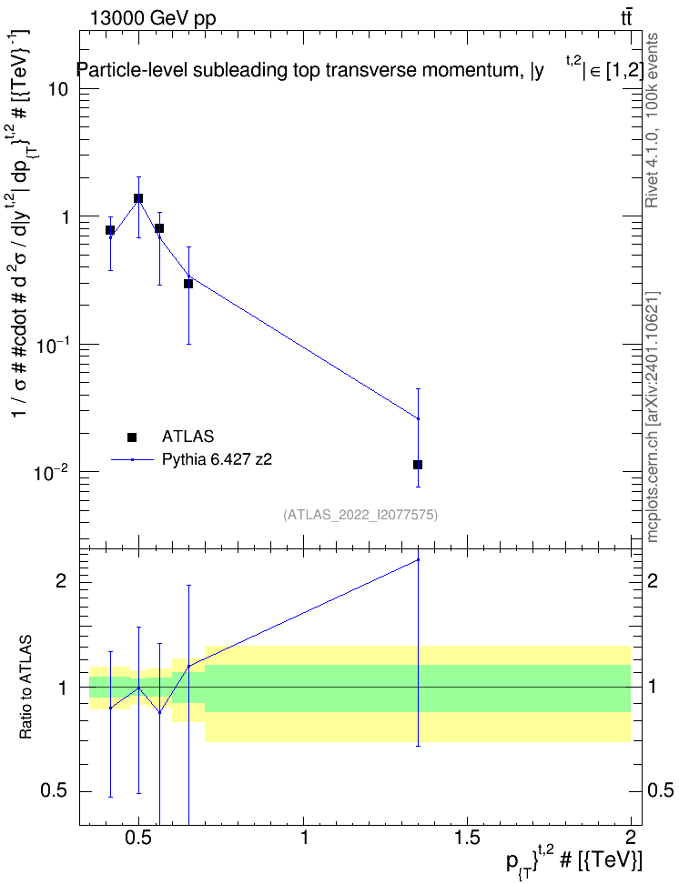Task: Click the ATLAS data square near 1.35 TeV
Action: pos(418,465)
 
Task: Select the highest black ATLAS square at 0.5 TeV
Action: pos(138,198)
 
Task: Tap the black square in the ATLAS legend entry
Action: pos(132,437)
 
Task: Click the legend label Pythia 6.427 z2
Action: pos(217,459)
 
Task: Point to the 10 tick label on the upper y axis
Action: pos(58,89)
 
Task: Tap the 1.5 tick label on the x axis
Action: pos(467,837)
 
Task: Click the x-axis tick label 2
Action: pos(631,837)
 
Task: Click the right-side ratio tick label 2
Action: pos(653,580)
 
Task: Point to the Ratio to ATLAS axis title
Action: pos(25,688)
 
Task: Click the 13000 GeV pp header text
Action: pos(153,18)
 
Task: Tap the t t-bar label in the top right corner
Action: pos(626,17)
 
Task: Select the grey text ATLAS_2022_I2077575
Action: pos(360,514)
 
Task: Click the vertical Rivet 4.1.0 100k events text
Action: pos(652,121)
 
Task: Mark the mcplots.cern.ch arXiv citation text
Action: pos(653,417)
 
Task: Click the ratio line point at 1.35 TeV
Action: pos(419,560)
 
